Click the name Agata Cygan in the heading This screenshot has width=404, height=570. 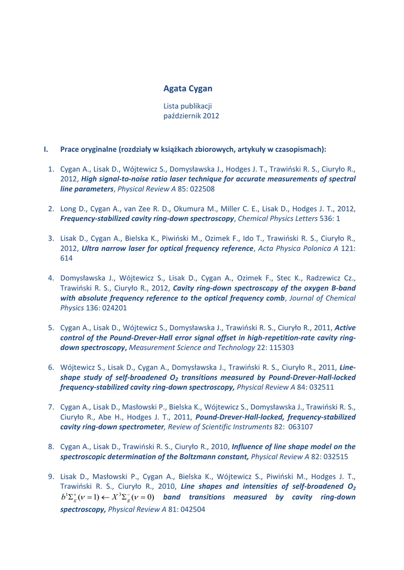(x=188, y=89)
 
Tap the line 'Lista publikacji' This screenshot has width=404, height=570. (x=187, y=106)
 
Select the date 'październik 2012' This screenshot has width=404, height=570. (x=191, y=116)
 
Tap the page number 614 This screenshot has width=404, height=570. (x=65, y=258)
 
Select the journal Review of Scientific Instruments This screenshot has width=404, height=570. (x=215, y=427)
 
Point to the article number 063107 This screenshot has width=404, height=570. (x=298, y=427)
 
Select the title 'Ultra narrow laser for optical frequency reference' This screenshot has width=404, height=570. (x=167, y=248)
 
